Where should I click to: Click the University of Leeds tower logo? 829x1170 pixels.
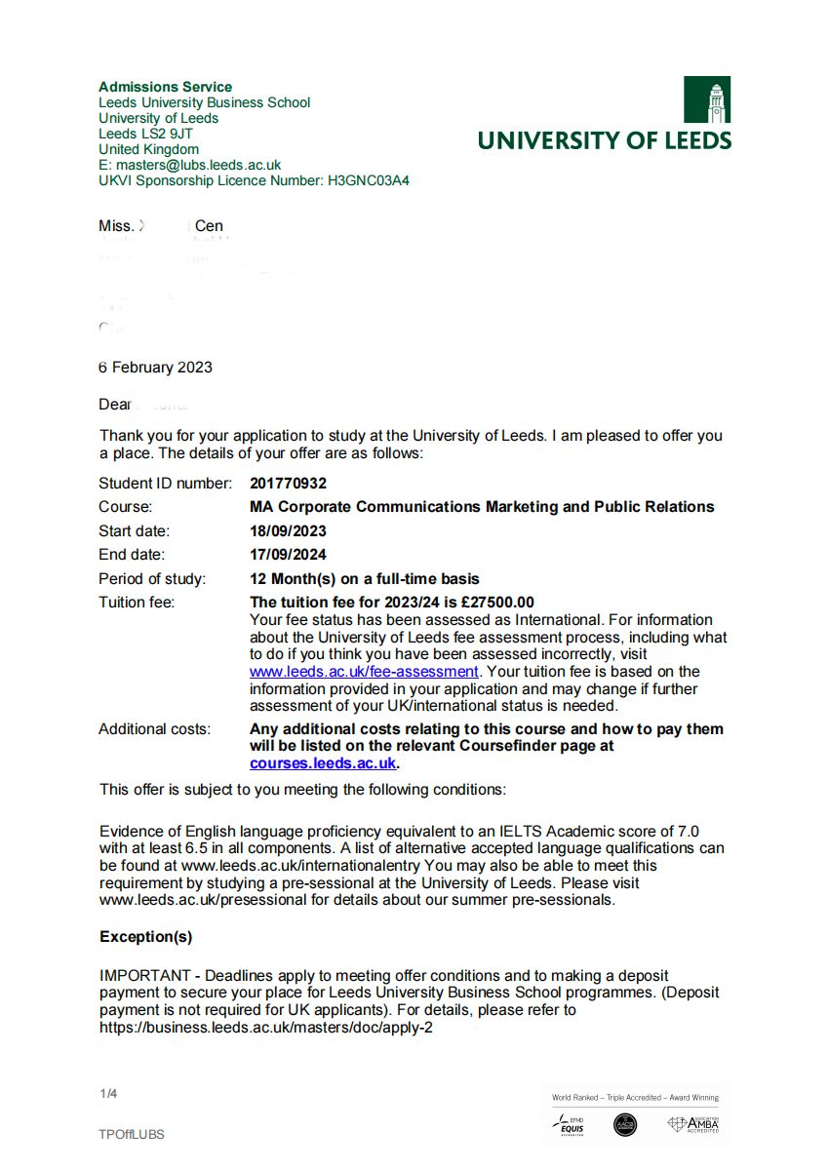point(706,99)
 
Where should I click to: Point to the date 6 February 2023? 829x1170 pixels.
point(156,368)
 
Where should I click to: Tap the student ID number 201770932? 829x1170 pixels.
point(288,484)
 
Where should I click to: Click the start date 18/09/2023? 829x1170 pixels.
point(288,531)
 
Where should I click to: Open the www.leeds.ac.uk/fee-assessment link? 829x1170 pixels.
point(364,672)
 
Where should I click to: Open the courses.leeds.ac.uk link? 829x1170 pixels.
point(323,763)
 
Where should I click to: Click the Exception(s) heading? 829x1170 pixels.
point(146,937)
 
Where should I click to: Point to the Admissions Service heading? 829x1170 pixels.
point(166,87)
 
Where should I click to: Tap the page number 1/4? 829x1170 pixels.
point(108,1094)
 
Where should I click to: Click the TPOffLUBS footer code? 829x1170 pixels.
point(132,1134)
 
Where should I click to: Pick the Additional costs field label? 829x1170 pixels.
point(154,729)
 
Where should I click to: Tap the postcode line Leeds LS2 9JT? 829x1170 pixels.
point(145,134)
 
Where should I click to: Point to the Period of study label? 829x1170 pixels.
point(152,579)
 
